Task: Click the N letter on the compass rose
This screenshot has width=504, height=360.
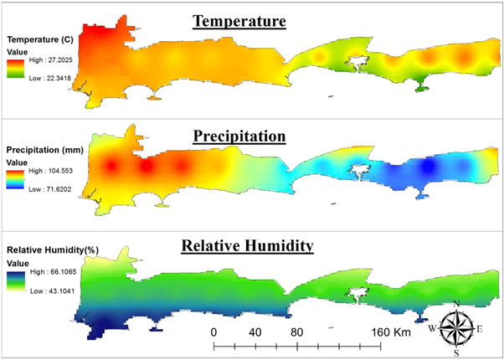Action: [x=456, y=304]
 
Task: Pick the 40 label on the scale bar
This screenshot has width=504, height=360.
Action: [x=255, y=331]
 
